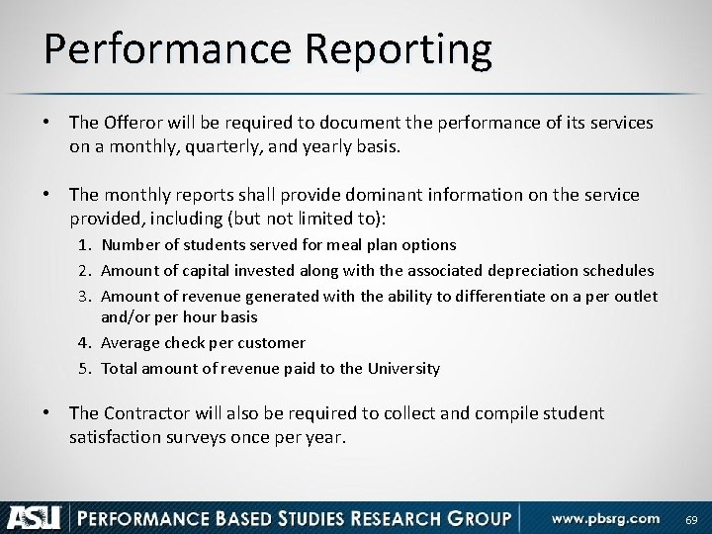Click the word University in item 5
click(402, 368)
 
